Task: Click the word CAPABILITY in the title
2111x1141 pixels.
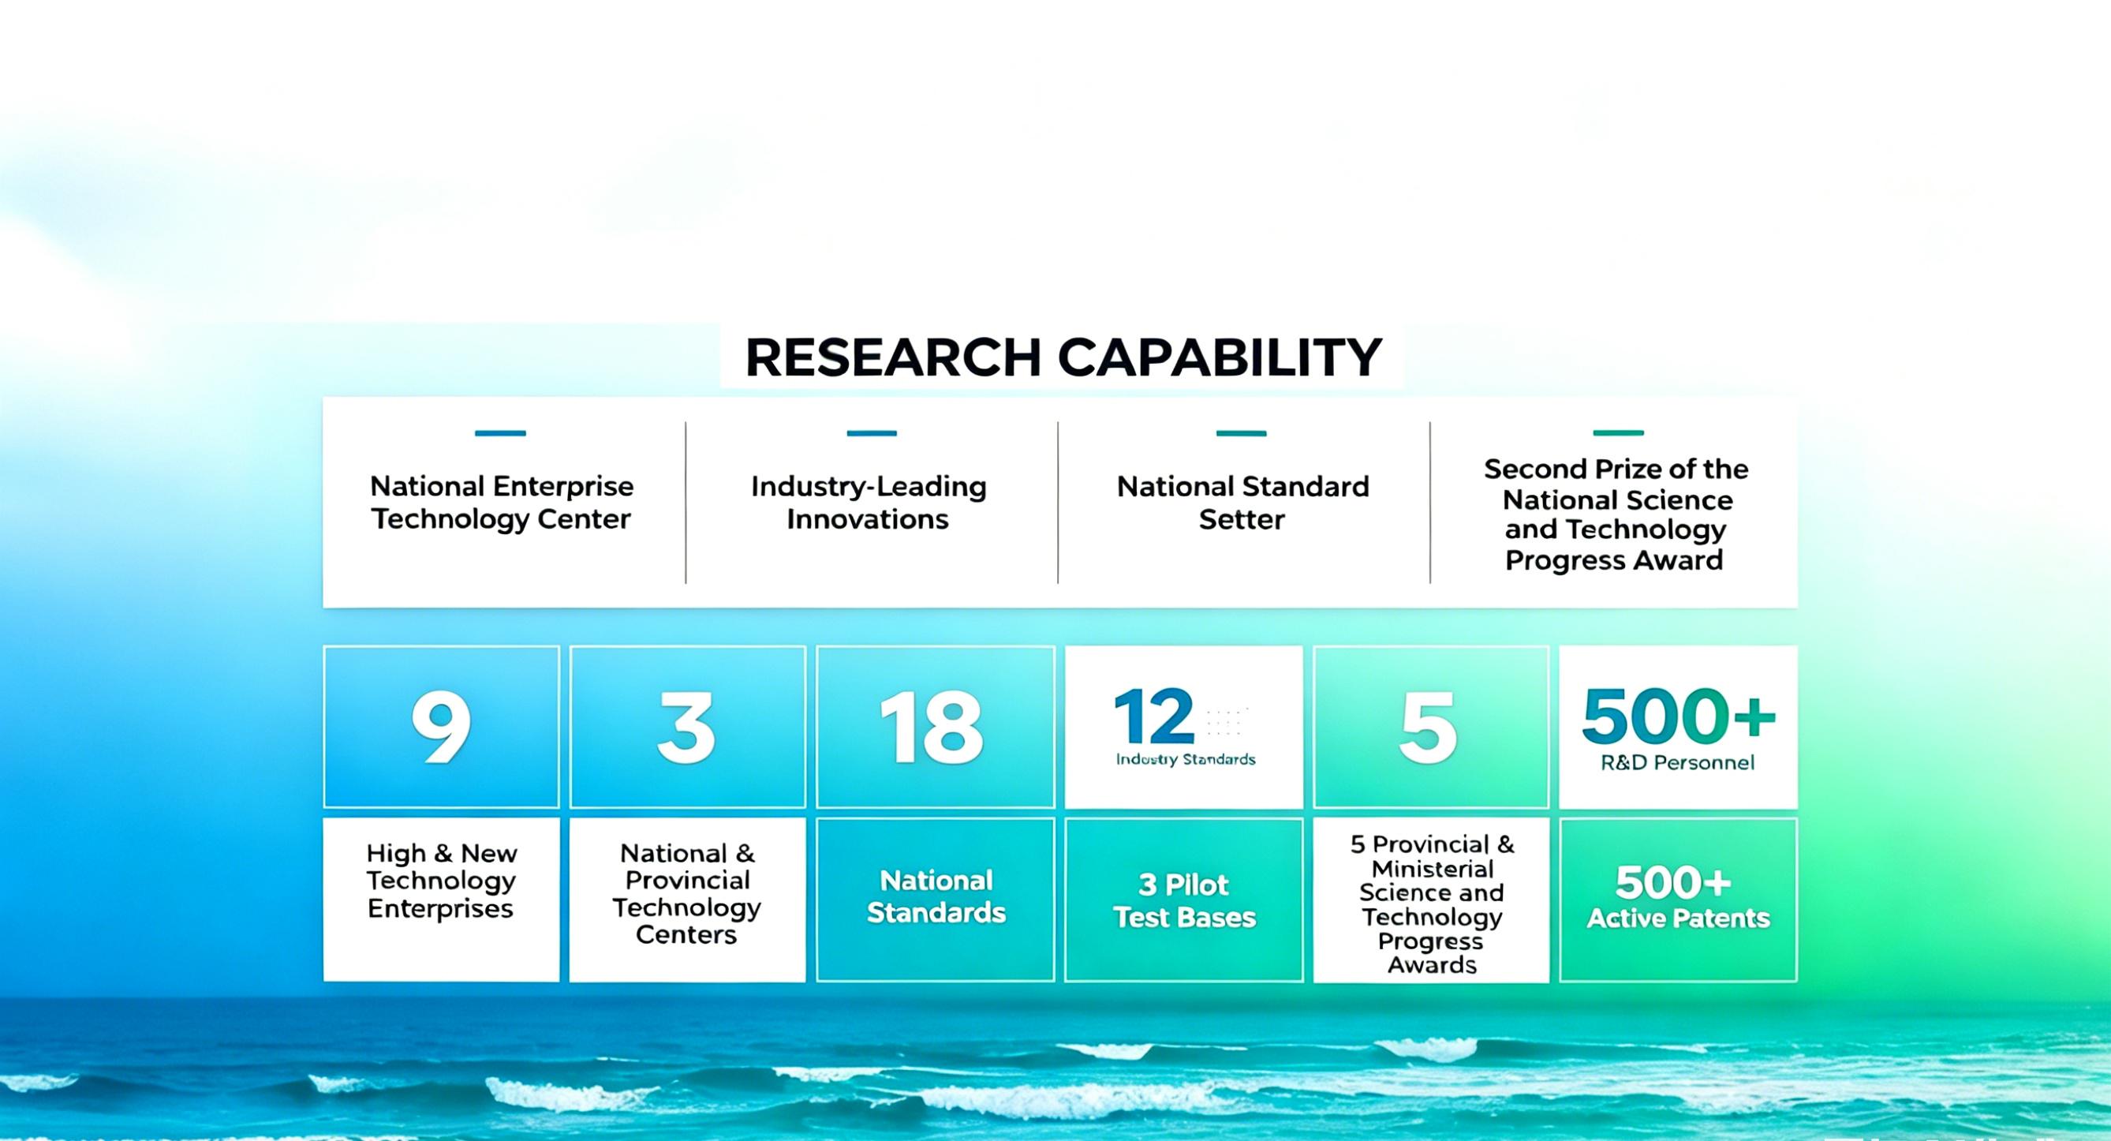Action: click(x=1220, y=357)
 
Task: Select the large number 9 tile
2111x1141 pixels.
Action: click(x=442, y=726)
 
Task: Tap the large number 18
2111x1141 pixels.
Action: click(x=932, y=727)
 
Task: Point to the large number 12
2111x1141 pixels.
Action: click(x=1154, y=716)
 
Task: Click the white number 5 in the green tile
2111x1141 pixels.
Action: click(x=1429, y=727)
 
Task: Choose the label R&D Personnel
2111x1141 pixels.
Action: click(x=1677, y=763)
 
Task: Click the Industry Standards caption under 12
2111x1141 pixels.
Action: click(x=1186, y=760)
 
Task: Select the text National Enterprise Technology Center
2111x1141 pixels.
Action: click(x=502, y=503)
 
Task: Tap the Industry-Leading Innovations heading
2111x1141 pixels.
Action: click(x=869, y=503)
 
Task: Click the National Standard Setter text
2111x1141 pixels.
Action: click(x=1243, y=503)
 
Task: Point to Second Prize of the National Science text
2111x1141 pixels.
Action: click(x=1616, y=484)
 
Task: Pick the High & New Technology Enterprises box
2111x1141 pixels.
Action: click(x=442, y=900)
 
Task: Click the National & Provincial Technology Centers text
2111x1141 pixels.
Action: click(x=687, y=893)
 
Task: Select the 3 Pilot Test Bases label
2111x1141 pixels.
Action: click(x=1184, y=901)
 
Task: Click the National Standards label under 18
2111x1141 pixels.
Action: click(x=936, y=896)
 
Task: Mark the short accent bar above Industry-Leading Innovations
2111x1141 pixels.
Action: click(x=872, y=432)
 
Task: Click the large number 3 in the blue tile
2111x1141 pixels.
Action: click(x=687, y=727)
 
